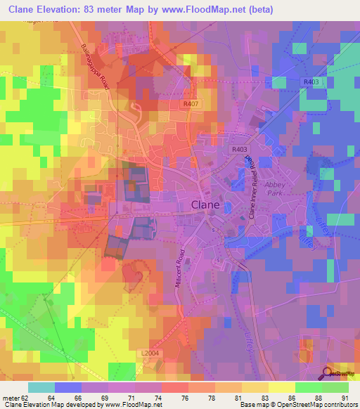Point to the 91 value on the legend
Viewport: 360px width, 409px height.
[345, 397]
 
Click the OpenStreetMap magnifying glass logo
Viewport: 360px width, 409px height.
[326, 372]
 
